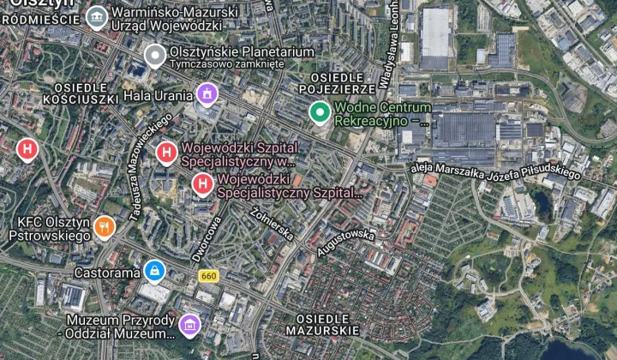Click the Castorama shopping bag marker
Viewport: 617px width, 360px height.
tap(154, 272)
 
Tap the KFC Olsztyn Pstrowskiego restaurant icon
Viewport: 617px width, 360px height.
tap(105, 227)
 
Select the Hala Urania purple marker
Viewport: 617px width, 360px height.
tap(206, 93)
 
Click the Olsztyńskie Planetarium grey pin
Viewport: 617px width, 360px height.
tap(154, 57)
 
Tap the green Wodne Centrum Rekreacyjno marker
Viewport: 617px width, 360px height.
tap(320, 111)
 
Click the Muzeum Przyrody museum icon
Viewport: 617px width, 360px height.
tap(189, 325)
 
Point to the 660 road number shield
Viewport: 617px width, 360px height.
tap(207, 276)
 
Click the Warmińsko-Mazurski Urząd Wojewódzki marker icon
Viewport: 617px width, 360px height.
tap(97, 15)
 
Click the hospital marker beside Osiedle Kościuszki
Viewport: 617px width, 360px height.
tap(27, 149)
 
